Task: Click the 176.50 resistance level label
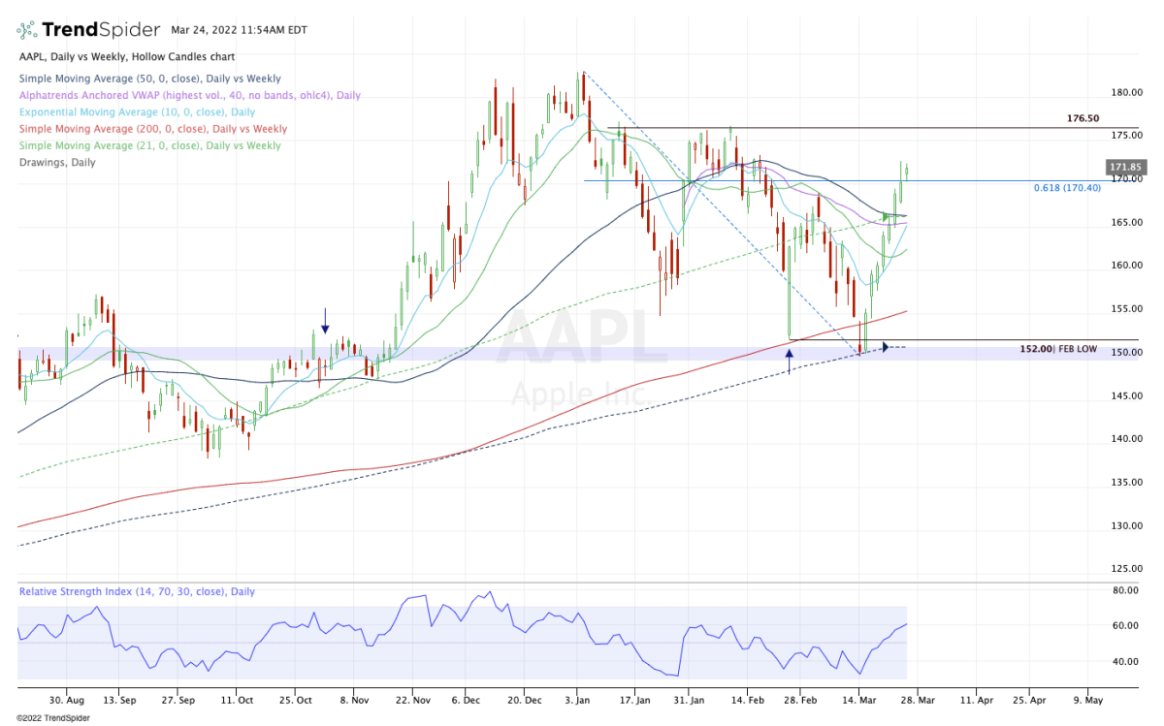click(1083, 118)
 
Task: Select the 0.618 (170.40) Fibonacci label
click(1067, 188)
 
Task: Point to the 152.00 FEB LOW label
click(1058, 349)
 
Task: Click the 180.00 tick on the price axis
click(1125, 93)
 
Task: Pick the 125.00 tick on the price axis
click(1125, 569)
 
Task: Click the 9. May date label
click(1088, 698)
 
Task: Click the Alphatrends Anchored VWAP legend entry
click(189, 95)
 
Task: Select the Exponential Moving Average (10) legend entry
click(136, 112)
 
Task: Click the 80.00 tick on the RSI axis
click(1125, 589)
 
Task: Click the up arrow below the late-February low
click(789, 361)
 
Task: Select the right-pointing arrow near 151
click(884, 347)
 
